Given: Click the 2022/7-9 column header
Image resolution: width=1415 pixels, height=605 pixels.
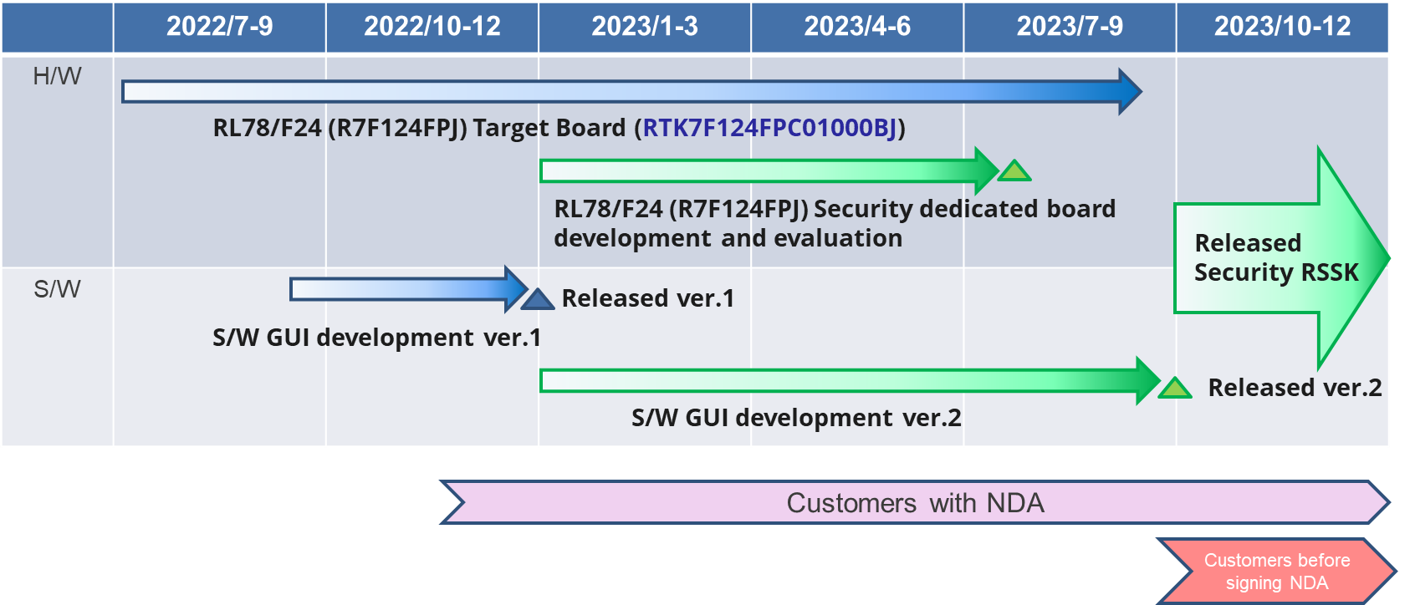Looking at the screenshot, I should (x=219, y=27).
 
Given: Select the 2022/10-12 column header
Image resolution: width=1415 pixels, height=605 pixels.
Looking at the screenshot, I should (x=432, y=27).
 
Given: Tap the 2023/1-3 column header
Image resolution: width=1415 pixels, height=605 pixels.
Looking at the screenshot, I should (x=644, y=27).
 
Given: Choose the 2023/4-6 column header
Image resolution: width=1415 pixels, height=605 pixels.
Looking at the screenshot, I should (x=857, y=27).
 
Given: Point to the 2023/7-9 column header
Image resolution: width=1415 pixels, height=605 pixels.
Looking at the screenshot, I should (x=1070, y=27).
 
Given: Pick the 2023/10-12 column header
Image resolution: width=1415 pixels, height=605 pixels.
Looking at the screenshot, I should (x=1282, y=27).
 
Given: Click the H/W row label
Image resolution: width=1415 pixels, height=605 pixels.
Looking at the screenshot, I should (x=57, y=77).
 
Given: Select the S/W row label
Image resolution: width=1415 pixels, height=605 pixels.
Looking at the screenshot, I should (x=57, y=290).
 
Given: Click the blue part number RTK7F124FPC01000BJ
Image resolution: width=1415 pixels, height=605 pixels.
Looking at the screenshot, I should (x=769, y=128).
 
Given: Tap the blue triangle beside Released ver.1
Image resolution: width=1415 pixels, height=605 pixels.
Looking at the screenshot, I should (x=538, y=300).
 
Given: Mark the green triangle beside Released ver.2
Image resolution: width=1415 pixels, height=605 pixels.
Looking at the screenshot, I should (x=1174, y=389).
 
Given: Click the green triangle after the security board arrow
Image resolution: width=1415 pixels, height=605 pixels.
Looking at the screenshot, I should (x=1014, y=172).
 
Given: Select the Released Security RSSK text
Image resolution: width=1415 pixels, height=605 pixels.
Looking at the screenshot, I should (x=1275, y=257).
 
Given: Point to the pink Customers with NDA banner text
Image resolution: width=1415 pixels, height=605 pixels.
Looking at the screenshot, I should (x=915, y=503).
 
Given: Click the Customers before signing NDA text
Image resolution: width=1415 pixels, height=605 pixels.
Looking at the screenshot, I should (x=1276, y=572).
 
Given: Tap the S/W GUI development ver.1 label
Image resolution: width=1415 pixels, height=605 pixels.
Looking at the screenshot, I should (x=376, y=338).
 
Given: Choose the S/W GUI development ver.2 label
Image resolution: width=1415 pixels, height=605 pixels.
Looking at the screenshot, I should (x=796, y=418).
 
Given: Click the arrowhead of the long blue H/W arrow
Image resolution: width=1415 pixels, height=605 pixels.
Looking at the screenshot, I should (x=1129, y=92).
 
